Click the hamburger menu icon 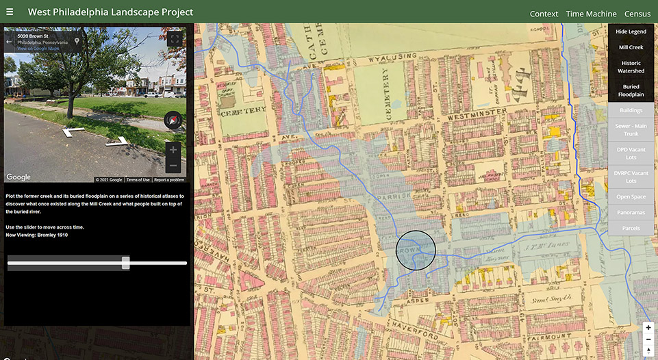click(10, 12)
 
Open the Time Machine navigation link click(591, 14)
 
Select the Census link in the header click(637, 14)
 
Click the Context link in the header click(544, 14)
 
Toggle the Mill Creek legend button click(631, 47)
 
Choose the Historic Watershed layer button click(631, 67)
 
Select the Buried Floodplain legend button click(631, 90)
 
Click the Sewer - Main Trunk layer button click(631, 129)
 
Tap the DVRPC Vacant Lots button click(631, 177)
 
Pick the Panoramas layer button click(631, 212)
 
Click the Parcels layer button click(631, 228)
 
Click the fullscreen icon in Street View click(175, 39)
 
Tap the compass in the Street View click(173, 120)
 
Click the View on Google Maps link click(38, 49)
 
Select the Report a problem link click(169, 180)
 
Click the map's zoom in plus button click(648, 328)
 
